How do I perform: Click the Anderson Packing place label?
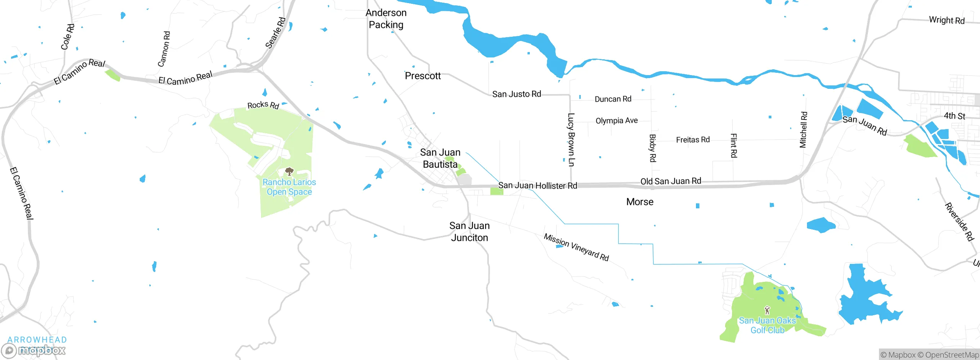click(x=386, y=19)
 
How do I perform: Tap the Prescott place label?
click(x=423, y=76)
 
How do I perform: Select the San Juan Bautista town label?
click(x=440, y=158)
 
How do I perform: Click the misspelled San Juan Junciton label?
click(x=469, y=232)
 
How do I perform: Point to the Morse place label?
click(x=640, y=202)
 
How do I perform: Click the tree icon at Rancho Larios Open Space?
click(x=289, y=171)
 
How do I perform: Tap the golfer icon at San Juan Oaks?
click(x=767, y=310)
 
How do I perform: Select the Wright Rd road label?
click(x=947, y=20)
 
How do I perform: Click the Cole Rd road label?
click(x=68, y=37)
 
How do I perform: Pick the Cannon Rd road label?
click(x=164, y=49)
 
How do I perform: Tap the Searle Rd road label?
click(x=276, y=33)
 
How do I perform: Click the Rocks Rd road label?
click(x=263, y=105)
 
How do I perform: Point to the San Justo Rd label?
click(x=516, y=94)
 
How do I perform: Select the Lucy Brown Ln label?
click(x=571, y=140)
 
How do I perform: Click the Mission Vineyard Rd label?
click(x=576, y=247)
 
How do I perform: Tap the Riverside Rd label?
click(x=959, y=222)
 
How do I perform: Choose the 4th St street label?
click(x=954, y=116)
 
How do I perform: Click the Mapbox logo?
click(x=34, y=350)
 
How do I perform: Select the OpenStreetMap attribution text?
click(x=952, y=355)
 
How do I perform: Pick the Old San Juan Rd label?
click(x=671, y=181)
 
